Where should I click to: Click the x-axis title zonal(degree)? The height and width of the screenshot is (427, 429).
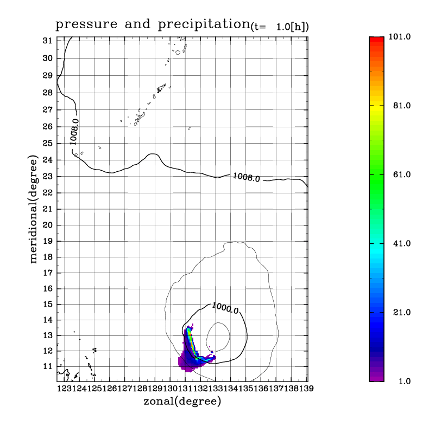click(x=182, y=402)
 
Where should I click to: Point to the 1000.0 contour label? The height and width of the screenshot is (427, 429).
click(x=225, y=308)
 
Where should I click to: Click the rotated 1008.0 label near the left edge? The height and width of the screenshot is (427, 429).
click(x=74, y=132)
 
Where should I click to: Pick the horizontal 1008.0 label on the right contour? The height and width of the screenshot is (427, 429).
click(x=247, y=177)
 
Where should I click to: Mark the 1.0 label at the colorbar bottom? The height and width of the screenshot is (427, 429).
click(x=403, y=381)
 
